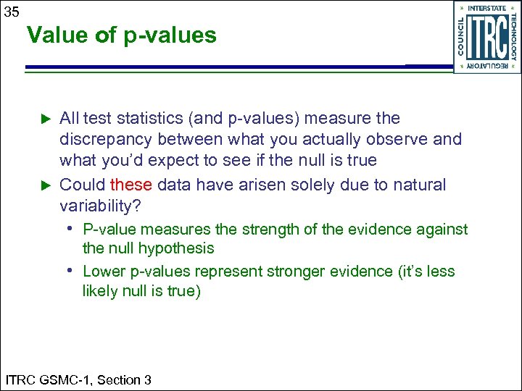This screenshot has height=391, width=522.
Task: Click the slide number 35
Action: (12, 12)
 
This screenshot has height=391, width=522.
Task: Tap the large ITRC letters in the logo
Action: (486, 37)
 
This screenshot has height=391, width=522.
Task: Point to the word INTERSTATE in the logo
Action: (487, 9)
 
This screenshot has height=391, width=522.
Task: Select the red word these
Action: (131, 185)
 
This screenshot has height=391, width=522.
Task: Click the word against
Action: (442, 230)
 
